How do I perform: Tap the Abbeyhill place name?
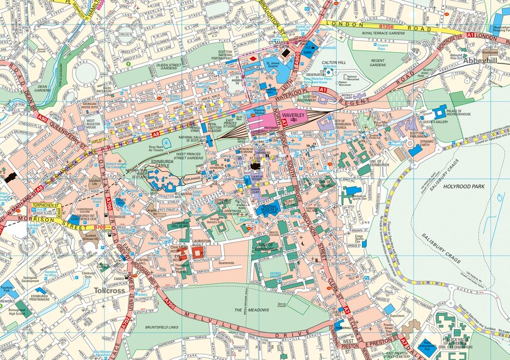[480, 60]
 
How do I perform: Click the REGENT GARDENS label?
[378, 62]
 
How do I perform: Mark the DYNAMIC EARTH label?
[428, 142]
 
